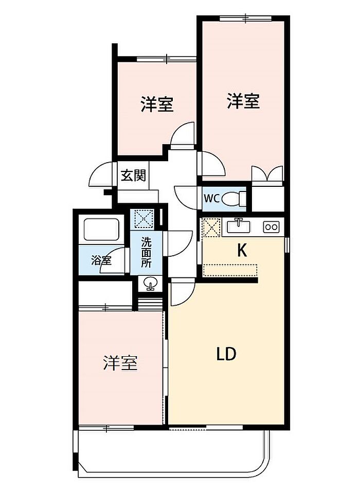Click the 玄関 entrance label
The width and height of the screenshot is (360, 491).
click(x=133, y=176)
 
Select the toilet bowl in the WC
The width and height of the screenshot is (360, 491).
click(x=235, y=198)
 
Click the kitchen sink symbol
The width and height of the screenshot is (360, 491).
click(x=239, y=226)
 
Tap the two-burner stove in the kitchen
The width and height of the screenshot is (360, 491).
click(x=271, y=226)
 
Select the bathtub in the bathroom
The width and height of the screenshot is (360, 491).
click(x=101, y=229)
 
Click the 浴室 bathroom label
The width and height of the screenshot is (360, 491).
click(x=101, y=260)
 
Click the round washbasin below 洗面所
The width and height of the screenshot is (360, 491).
click(x=150, y=283)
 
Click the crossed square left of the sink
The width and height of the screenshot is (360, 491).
click(x=210, y=226)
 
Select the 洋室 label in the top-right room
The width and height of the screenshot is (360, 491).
click(x=244, y=101)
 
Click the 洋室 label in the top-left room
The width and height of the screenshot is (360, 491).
click(x=157, y=105)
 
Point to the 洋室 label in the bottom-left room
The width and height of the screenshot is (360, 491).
click(x=120, y=364)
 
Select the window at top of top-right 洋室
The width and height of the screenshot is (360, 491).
click(x=245, y=19)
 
